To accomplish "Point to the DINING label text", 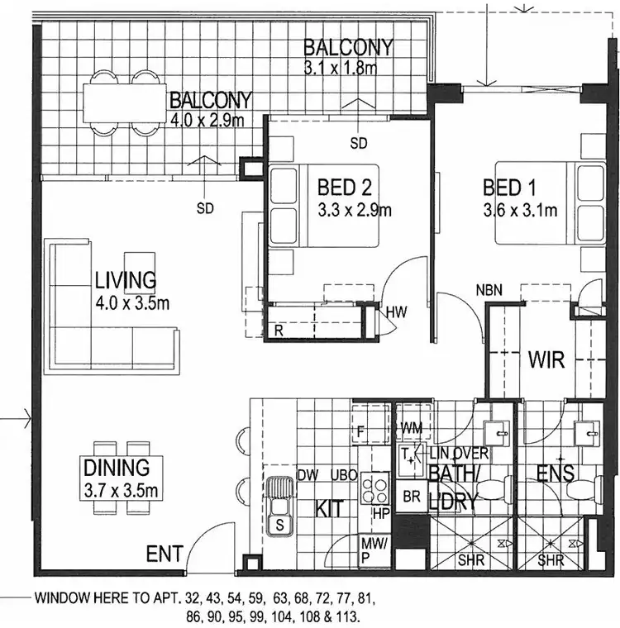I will (x=116, y=469).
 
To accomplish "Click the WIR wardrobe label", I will (x=546, y=360).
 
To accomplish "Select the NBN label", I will (x=490, y=290).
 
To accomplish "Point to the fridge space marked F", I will (x=361, y=431).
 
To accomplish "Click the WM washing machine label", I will (x=411, y=427).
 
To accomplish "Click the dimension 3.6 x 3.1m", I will (x=520, y=211).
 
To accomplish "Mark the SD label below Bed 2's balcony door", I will (x=358, y=143).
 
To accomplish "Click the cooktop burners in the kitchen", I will (x=375, y=487).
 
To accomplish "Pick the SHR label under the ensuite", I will (x=551, y=559).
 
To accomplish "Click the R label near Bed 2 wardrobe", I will (x=279, y=330).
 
